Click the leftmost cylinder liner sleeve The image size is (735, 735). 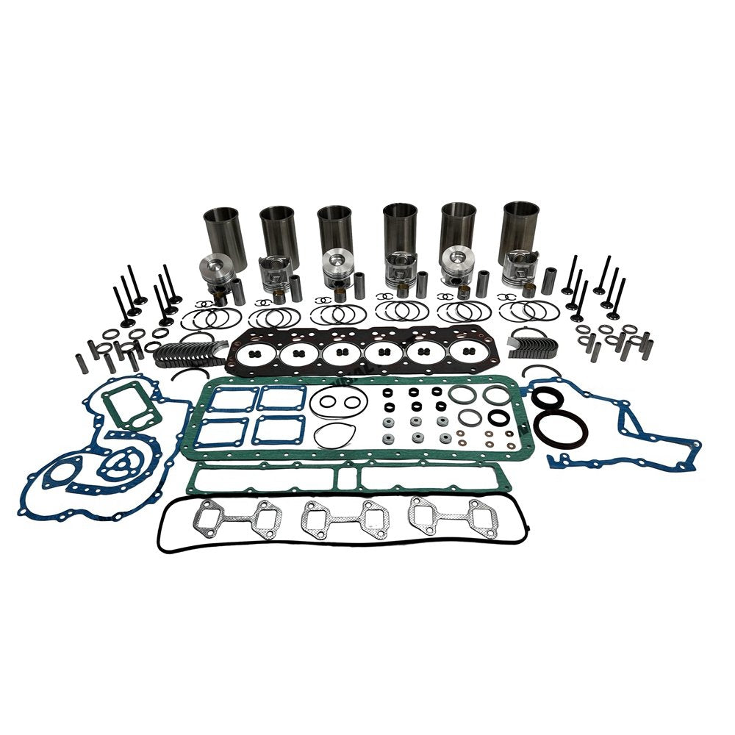pyautogui.click(x=223, y=229)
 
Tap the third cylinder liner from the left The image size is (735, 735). pyautogui.click(x=334, y=229)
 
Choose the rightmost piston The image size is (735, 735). pyautogui.click(x=520, y=268)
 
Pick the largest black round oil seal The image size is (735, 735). pyautogui.click(x=560, y=429)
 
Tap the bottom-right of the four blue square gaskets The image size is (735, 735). pyautogui.click(x=278, y=430)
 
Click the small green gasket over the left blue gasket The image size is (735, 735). pyautogui.click(x=132, y=408)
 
